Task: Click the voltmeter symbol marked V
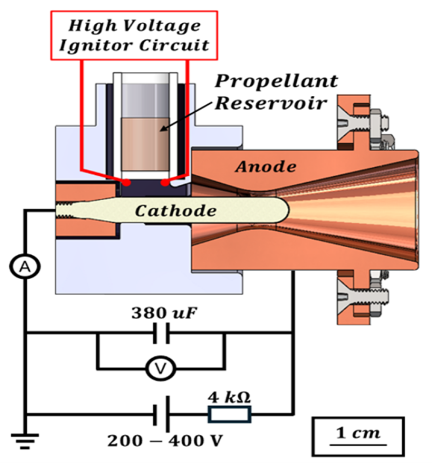pos(159,367)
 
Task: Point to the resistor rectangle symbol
pos(230,414)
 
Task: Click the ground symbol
pos(25,442)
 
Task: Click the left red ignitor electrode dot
pos(128,181)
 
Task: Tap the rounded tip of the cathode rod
pos(281,211)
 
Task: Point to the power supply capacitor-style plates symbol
pos(160,414)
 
